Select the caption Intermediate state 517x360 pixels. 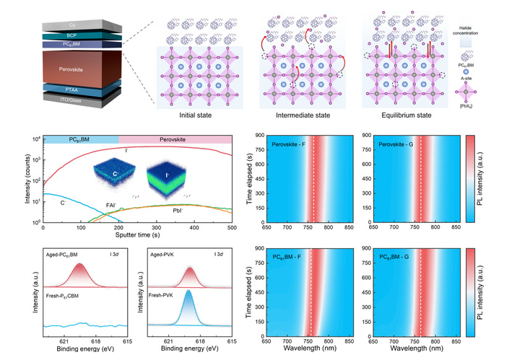coord(301,115)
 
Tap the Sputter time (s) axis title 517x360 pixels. coord(136,237)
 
